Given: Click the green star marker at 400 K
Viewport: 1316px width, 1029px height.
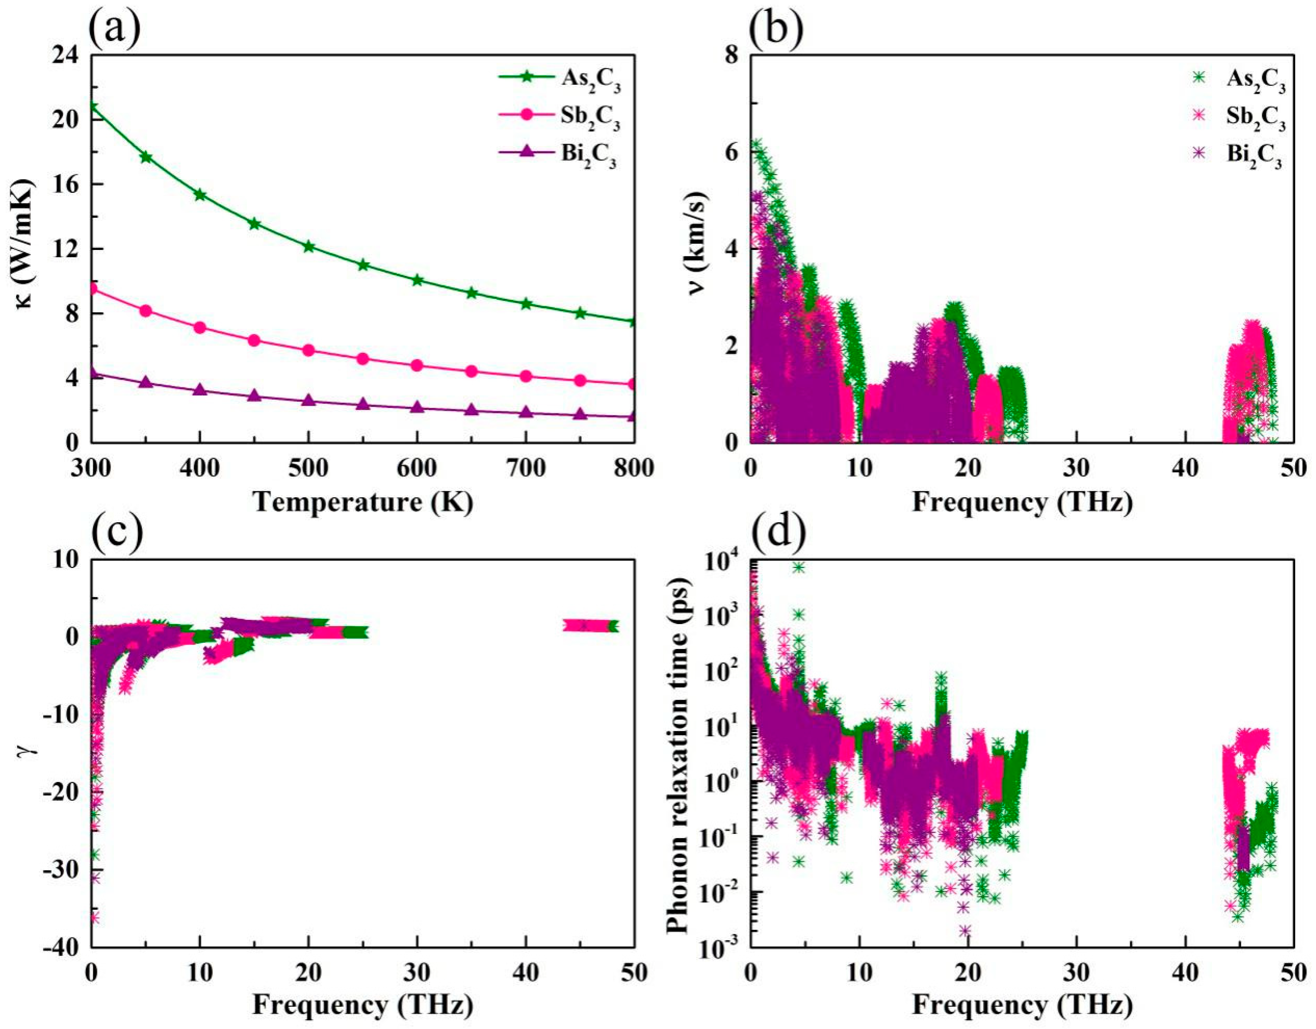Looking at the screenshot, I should point(199,195).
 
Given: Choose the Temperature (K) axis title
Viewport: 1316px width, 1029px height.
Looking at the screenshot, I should point(362,502).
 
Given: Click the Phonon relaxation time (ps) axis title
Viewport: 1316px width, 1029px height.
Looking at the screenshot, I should point(678,753).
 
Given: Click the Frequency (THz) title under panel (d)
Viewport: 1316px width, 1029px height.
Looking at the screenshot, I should point(1022,1005).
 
